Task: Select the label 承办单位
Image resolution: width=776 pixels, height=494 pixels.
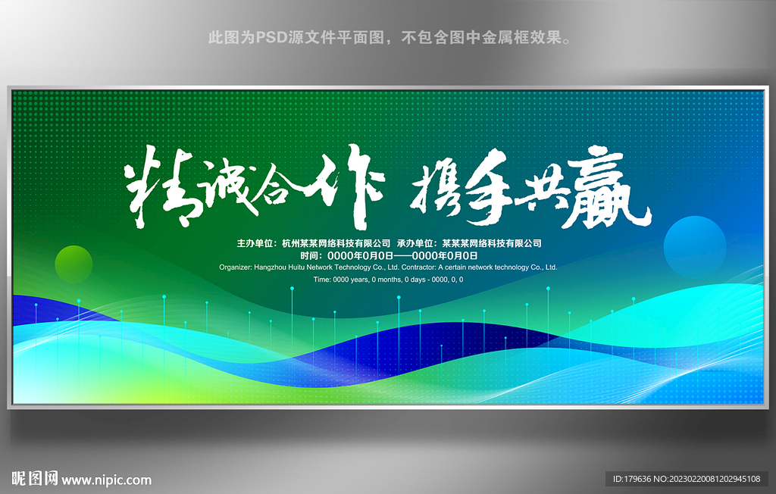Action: coord(417,244)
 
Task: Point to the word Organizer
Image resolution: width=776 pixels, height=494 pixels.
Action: coord(236,267)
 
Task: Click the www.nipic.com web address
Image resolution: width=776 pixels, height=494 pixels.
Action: coord(107,480)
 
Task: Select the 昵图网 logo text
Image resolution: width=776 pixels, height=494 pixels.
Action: coord(34,479)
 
